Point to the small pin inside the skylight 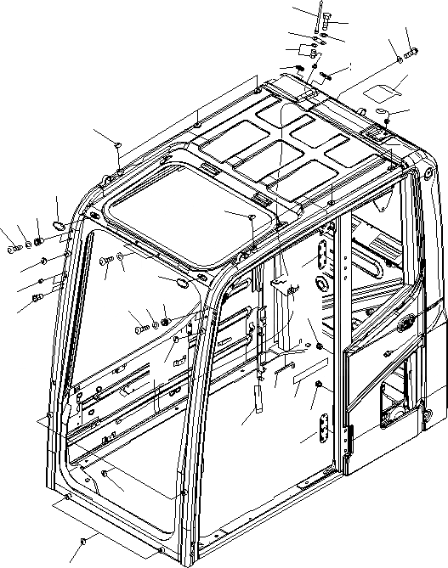click(253, 220)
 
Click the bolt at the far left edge click(12, 249)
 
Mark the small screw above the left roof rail click(119, 146)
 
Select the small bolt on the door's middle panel click(387, 352)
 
